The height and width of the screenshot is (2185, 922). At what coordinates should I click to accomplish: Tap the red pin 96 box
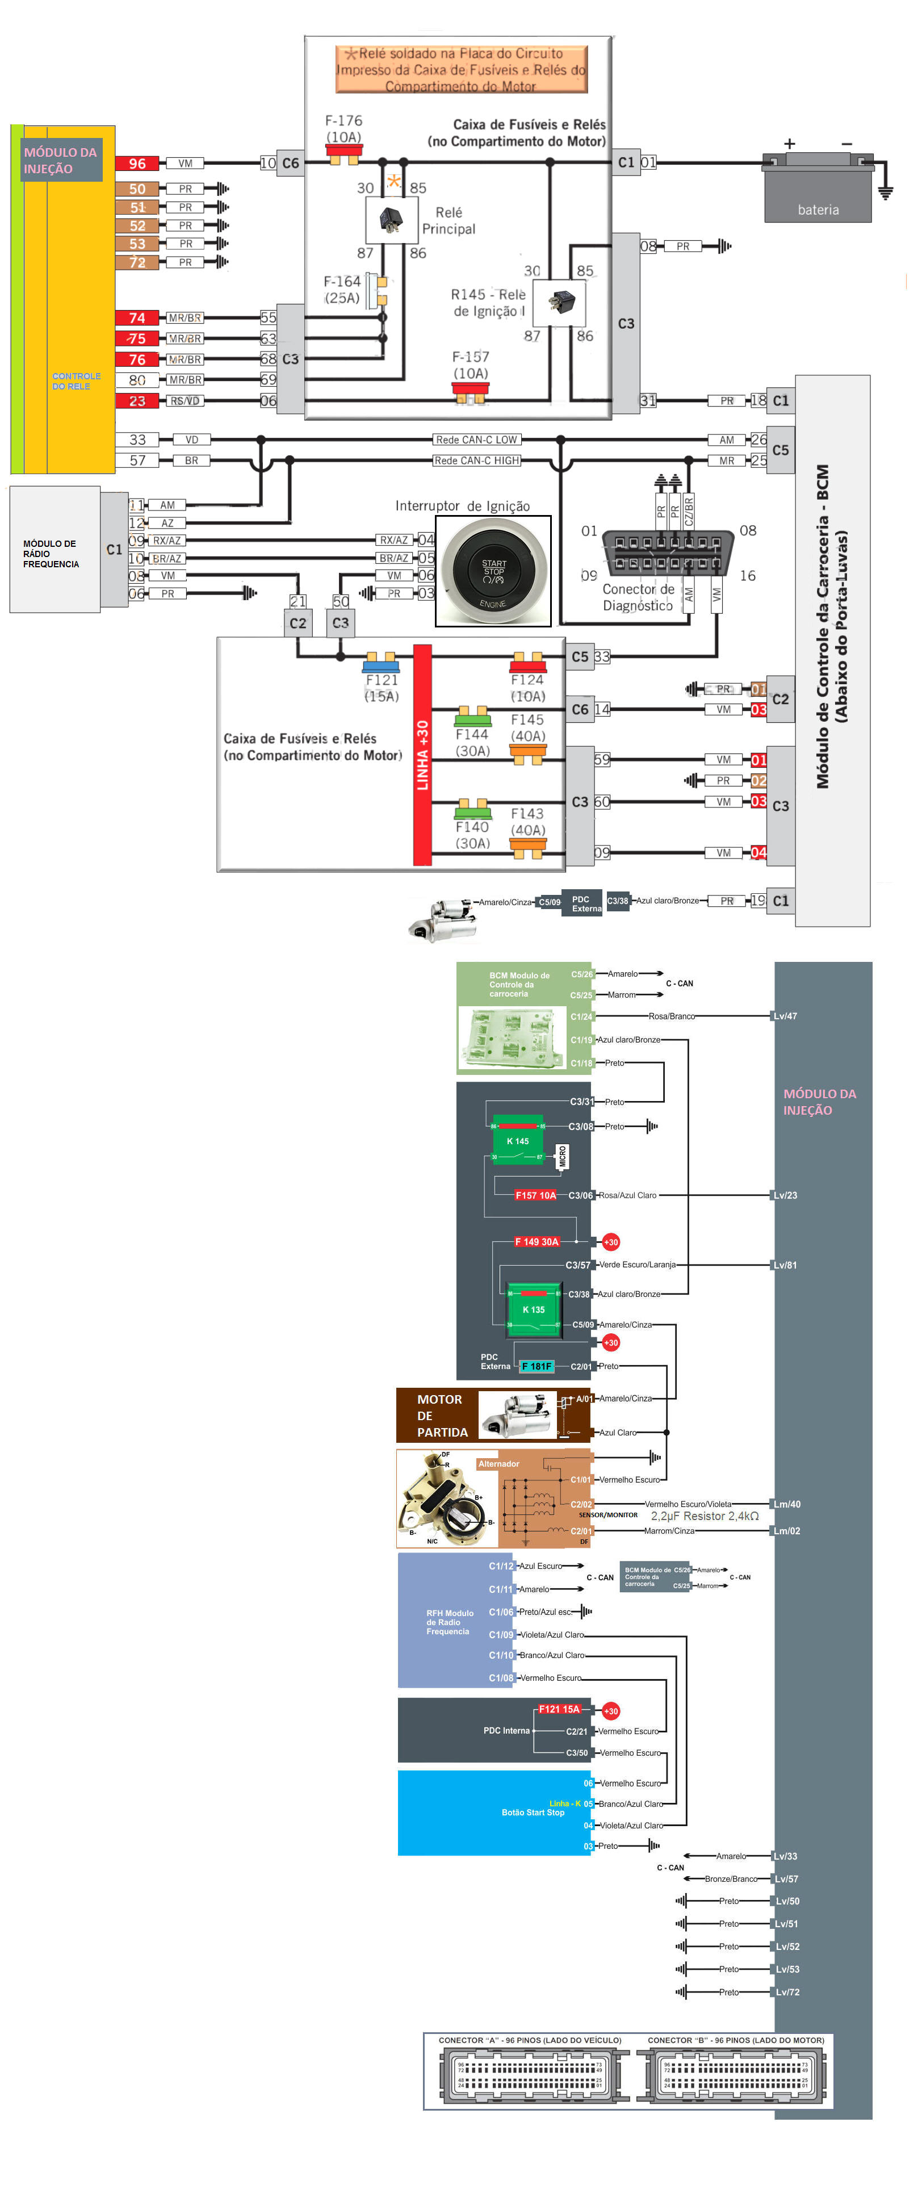(137, 164)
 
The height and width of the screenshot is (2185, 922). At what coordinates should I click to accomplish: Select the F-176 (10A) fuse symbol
(343, 155)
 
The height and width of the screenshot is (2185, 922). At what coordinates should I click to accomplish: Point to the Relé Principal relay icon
(391, 220)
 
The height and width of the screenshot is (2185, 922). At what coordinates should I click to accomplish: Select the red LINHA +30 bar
(422, 755)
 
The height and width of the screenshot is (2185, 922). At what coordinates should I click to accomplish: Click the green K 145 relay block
(517, 1140)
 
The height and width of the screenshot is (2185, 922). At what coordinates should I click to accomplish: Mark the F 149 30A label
(537, 1242)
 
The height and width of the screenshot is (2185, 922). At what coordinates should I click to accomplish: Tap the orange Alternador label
(498, 1464)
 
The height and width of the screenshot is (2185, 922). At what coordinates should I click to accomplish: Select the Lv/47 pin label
(785, 1016)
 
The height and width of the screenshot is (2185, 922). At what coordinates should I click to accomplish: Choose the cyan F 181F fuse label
(536, 1366)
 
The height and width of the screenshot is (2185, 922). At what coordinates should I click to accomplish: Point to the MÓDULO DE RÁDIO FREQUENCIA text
(51, 554)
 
